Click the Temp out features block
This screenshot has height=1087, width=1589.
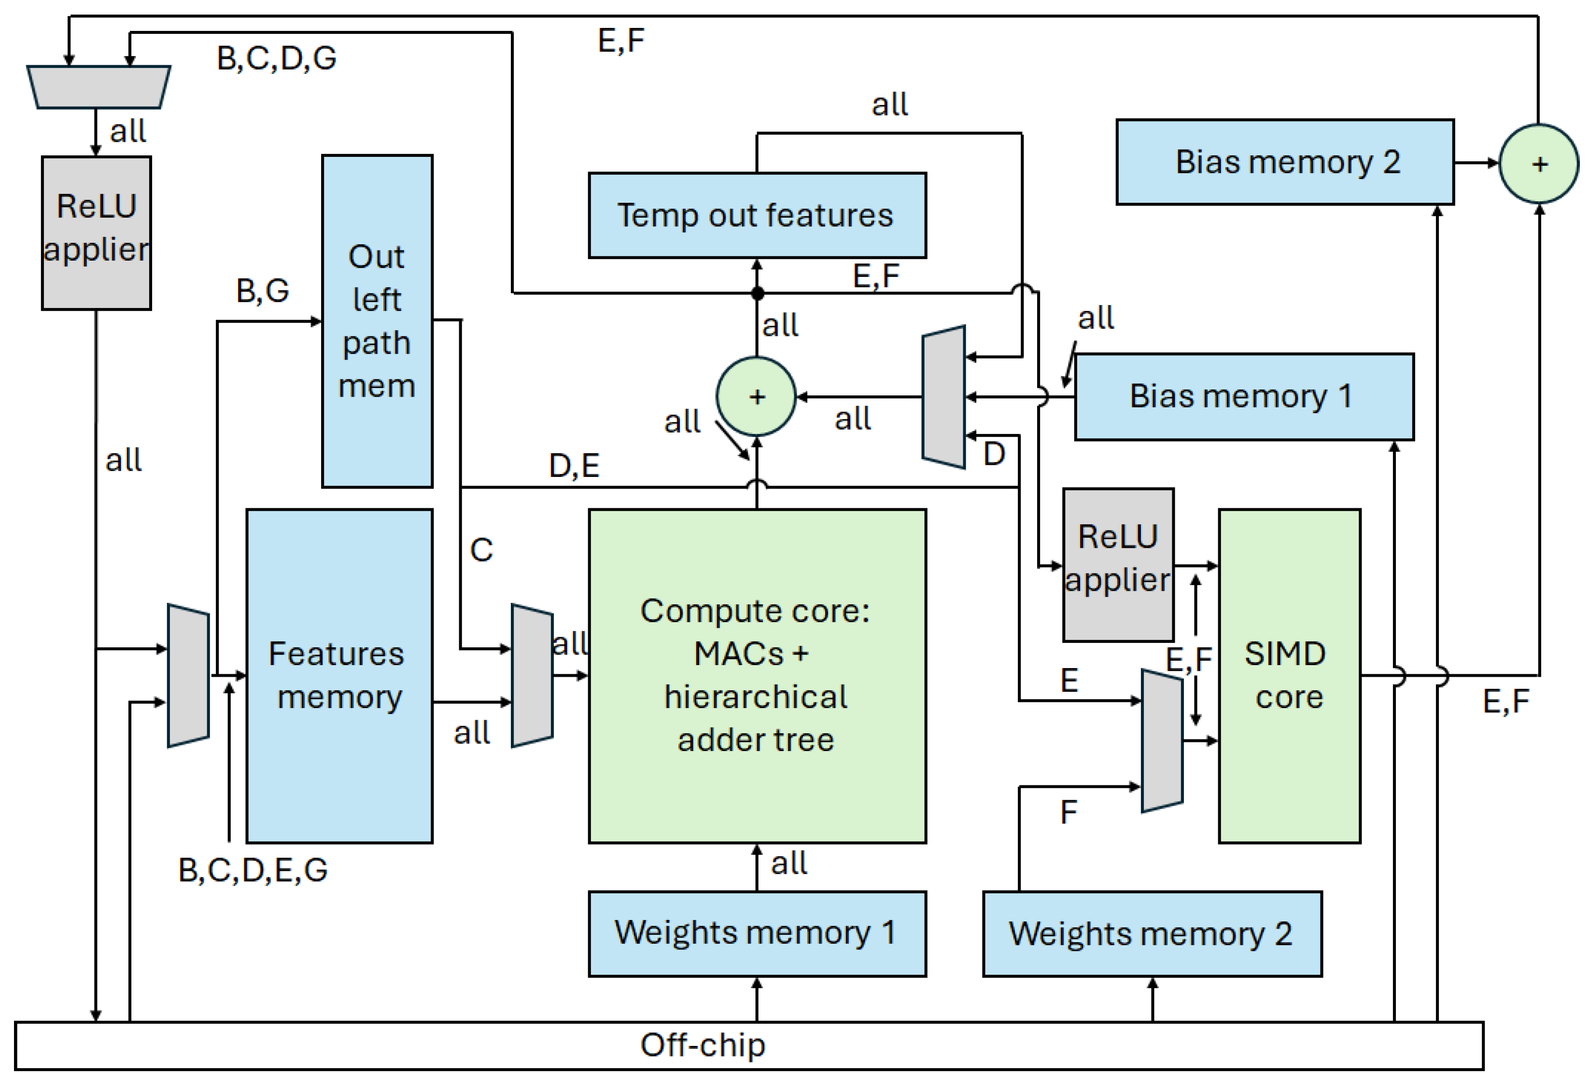coord(757,215)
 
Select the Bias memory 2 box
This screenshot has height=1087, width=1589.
coord(1285,162)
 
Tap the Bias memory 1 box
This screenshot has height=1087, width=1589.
coord(1244,396)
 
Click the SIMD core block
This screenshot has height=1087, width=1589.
coord(1289,675)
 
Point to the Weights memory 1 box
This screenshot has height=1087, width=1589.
coord(757,933)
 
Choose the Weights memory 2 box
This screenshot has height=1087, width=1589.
coord(1152,933)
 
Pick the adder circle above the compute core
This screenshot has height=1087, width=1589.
coord(756,396)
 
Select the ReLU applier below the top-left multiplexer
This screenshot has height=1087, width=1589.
coord(97,233)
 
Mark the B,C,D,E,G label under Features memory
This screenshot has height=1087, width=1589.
coord(253,870)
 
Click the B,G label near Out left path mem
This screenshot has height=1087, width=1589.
coord(263,291)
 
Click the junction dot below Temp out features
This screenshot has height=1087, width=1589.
coord(757,293)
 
